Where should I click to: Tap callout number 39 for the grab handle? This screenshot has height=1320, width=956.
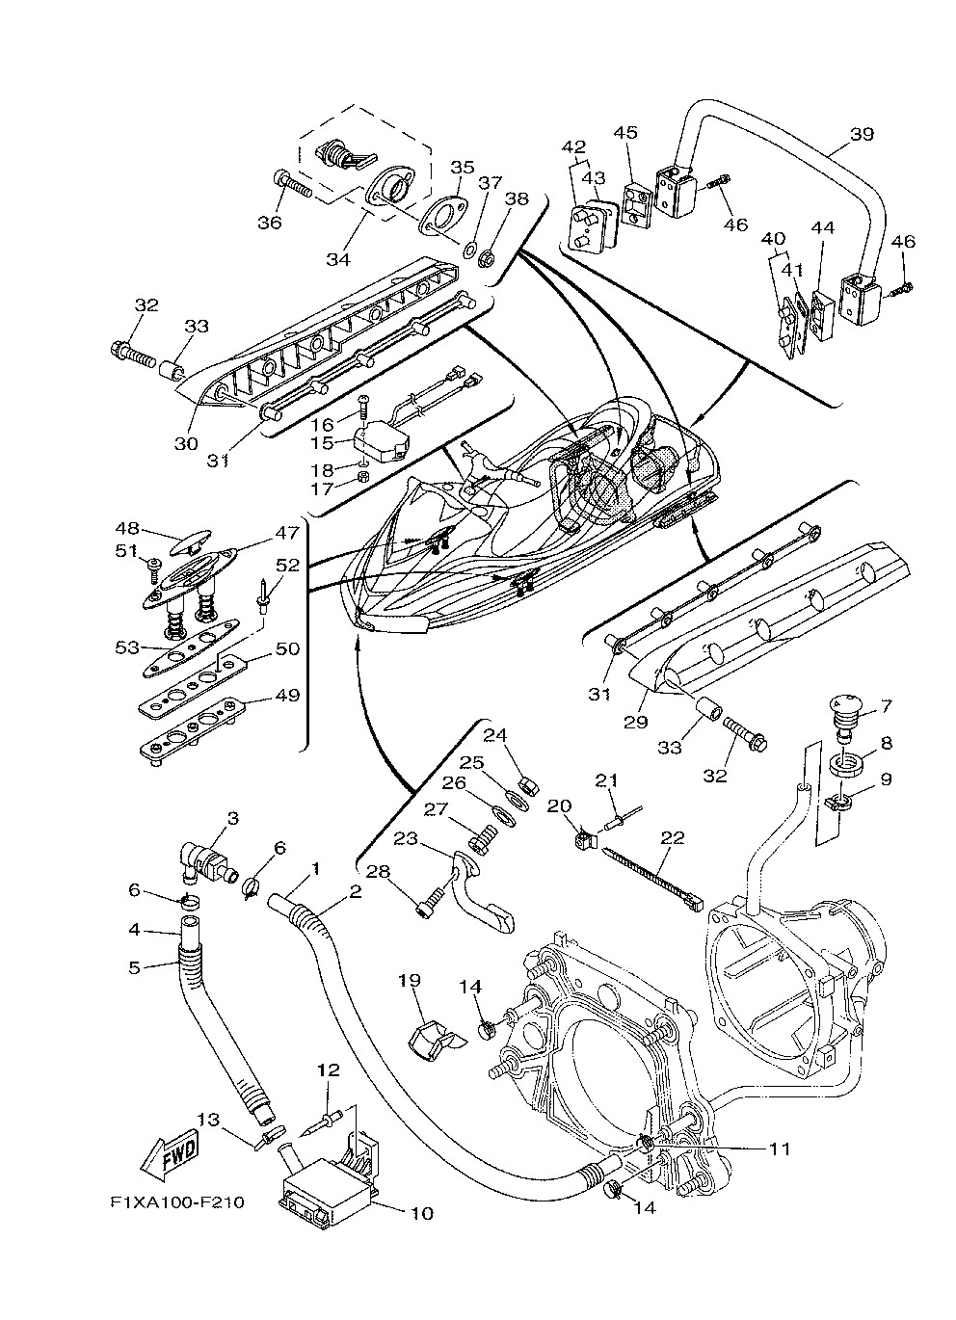(862, 134)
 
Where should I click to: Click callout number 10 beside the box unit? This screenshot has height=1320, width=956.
(421, 1213)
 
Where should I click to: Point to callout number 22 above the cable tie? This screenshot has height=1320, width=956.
(672, 837)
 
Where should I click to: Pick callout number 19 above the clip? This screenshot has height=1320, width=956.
(410, 981)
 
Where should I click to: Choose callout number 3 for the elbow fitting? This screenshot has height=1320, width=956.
(232, 818)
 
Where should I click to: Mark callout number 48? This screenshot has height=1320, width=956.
(127, 529)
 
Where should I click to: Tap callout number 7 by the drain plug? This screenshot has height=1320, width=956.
(885, 706)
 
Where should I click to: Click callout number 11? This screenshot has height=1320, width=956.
(779, 1148)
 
